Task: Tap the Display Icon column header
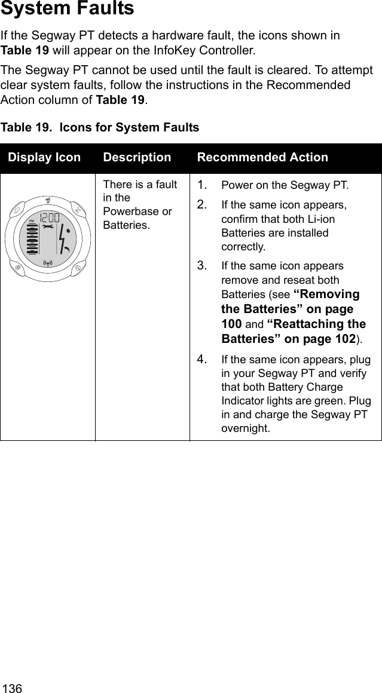pos(44,158)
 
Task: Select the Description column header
pos(137,158)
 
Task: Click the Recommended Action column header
pos(262,158)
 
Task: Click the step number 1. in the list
pos(203,184)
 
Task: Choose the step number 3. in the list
pos(203,265)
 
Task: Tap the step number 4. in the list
pos(203,360)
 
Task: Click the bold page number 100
pos(231,324)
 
